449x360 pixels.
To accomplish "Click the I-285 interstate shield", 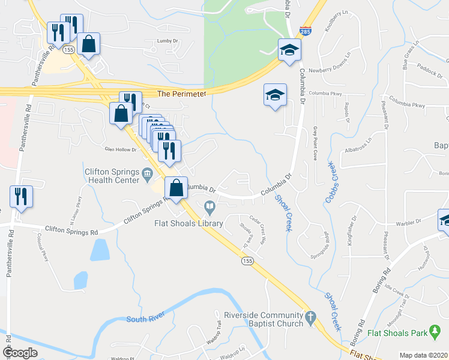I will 306,30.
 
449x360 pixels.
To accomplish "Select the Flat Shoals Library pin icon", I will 209,208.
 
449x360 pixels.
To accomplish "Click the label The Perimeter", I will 181,94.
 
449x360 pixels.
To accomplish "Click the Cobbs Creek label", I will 331,180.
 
